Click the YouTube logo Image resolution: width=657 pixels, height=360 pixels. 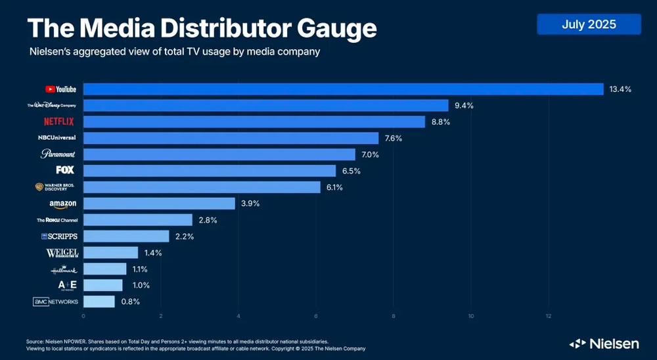60,89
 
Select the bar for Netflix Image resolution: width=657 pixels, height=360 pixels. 254,122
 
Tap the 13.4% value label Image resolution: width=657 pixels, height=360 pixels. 620,89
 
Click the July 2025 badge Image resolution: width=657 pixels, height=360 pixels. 589,25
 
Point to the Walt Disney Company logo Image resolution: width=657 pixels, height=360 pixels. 52,105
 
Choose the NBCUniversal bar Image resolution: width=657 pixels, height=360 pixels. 231,138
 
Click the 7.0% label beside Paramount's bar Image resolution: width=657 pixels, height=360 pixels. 371,154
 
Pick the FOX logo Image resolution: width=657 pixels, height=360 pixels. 65,170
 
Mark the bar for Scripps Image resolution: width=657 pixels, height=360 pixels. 126,236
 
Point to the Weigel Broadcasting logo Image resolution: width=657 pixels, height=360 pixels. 62,253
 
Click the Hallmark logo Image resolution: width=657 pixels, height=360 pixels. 64,269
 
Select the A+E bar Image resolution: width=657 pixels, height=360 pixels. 103,285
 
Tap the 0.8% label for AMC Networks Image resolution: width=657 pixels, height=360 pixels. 129,302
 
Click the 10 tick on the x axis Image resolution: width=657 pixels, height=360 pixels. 471,317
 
